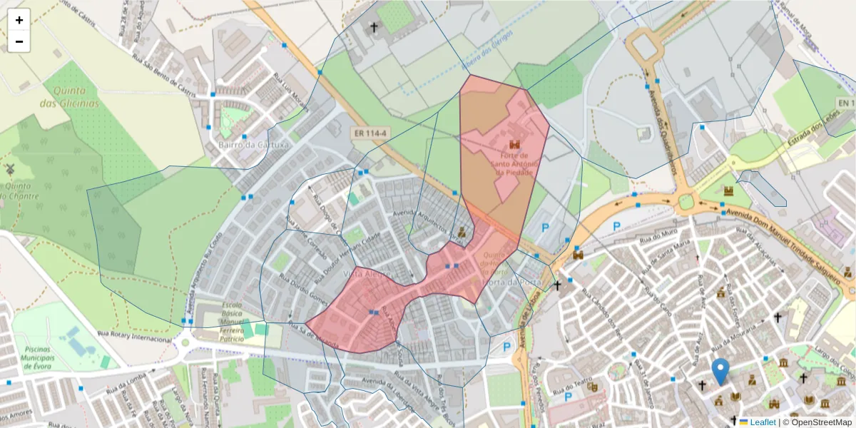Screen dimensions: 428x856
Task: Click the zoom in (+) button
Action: point(19,20)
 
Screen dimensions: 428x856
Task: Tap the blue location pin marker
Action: point(720,371)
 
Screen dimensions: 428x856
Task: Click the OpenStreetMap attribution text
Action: point(817,422)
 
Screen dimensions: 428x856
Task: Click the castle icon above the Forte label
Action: point(514,144)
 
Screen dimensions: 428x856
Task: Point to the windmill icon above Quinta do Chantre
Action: point(10,169)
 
